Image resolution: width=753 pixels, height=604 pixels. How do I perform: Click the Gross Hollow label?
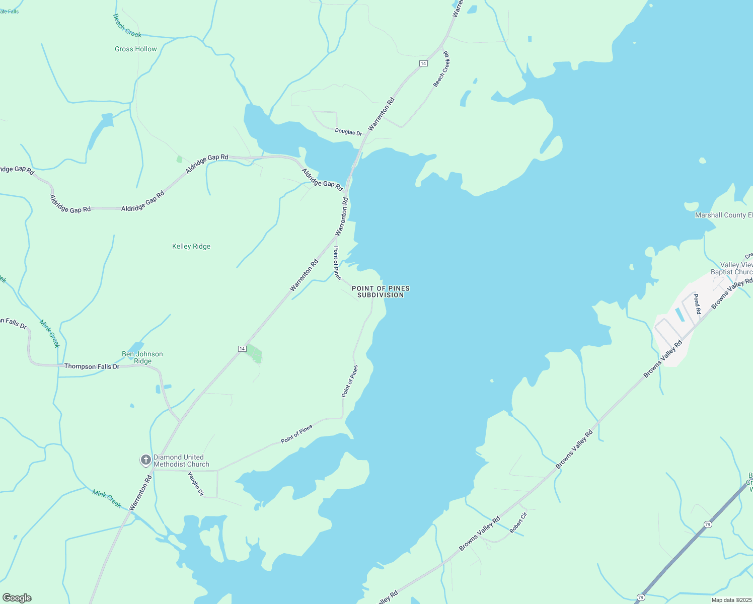tap(135, 49)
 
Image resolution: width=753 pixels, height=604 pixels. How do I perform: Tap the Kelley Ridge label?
tap(191, 246)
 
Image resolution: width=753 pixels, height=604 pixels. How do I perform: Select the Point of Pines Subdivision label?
tap(381, 292)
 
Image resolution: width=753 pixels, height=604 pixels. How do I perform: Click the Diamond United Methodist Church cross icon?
tap(145, 460)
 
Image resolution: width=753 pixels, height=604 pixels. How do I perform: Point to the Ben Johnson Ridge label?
tap(142, 357)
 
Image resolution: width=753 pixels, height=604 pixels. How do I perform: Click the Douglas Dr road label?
tap(348, 132)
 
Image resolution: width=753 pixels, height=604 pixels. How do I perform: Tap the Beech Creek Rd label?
tap(441, 69)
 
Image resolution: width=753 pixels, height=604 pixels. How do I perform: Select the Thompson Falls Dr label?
tap(92, 366)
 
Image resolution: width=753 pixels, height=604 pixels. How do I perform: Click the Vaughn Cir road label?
tap(196, 484)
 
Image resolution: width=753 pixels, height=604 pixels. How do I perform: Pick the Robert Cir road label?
tap(518, 522)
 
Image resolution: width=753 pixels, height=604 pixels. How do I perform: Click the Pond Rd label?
tap(697, 304)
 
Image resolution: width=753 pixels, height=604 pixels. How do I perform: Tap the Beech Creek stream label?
tap(127, 26)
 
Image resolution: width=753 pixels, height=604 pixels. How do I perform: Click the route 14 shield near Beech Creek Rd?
tap(423, 63)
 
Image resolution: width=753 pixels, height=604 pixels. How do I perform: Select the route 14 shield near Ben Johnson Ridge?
tap(242, 348)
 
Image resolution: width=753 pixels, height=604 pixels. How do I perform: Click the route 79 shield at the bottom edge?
tap(640, 597)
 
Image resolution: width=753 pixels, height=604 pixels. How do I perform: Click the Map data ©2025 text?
tap(731, 600)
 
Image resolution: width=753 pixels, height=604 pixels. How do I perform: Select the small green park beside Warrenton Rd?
tap(254, 354)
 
